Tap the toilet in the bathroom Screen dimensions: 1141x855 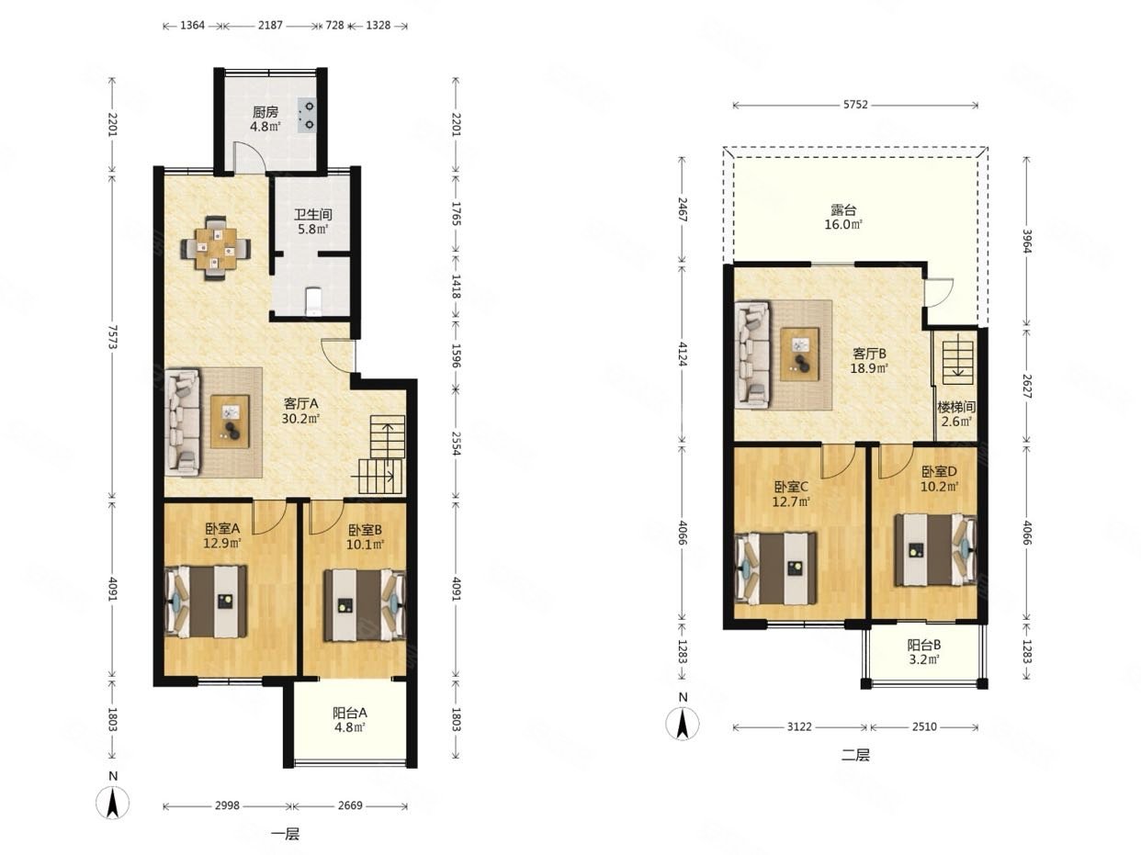[x=313, y=301]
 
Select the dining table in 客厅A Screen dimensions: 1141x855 [x=216, y=248]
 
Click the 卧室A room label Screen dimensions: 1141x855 [x=222, y=529]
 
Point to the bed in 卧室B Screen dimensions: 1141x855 [x=365, y=605]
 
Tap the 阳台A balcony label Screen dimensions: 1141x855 [x=350, y=713]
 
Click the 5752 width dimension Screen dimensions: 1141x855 [x=855, y=105]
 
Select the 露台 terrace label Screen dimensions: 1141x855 [x=843, y=210]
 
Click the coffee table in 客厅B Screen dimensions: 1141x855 [x=800, y=354]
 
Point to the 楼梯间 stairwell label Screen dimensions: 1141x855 [x=956, y=407]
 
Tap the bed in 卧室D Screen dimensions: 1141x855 [x=935, y=550]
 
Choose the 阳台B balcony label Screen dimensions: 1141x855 [x=923, y=645]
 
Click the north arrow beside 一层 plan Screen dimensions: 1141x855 [x=113, y=802]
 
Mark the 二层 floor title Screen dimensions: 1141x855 [x=855, y=755]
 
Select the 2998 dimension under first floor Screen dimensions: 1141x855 [x=227, y=805]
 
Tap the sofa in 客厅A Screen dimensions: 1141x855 [x=183, y=422]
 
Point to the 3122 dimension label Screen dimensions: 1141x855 [x=799, y=726]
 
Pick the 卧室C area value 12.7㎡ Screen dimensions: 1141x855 [x=791, y=501]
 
